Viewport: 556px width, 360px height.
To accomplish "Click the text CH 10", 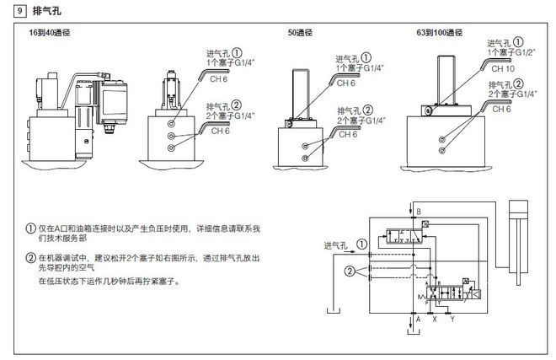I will [x=504, y=67].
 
